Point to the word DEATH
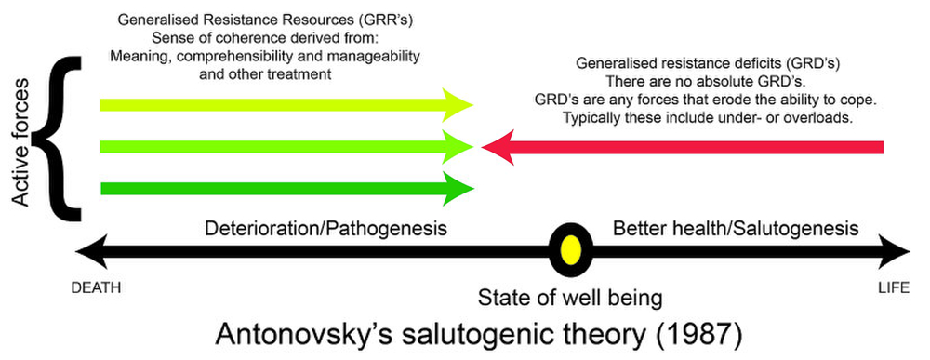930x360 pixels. (x=96, y=288)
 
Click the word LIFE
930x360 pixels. (x=894, y=288)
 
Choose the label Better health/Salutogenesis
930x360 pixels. (x=735, y=228)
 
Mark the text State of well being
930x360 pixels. (x=568, y=298)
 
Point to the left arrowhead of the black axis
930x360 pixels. (x=86, y=250)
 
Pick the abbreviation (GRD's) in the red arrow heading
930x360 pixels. (x=811, y=64)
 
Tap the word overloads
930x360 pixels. (x=820, y=120)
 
